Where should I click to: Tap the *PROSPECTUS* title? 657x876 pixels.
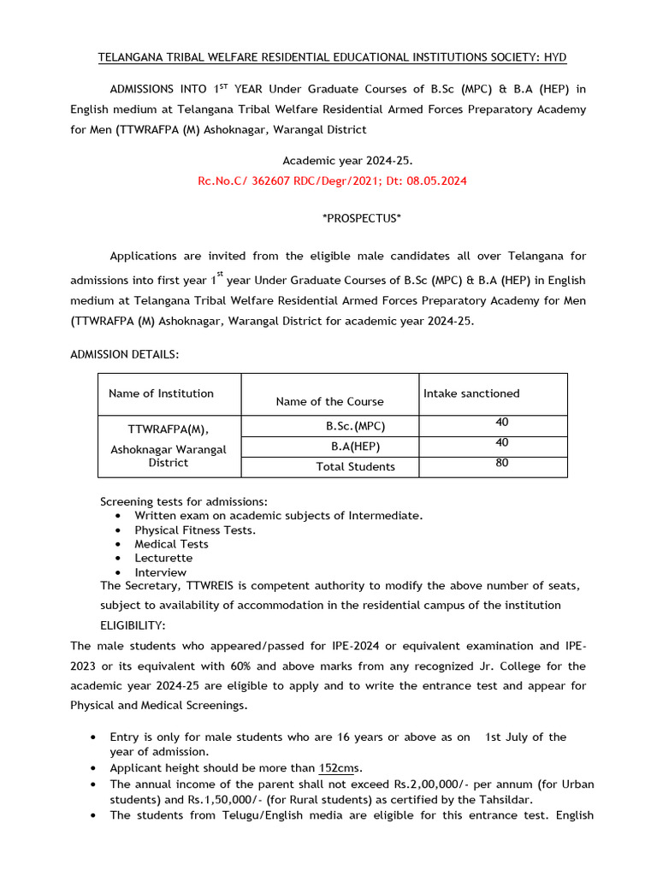pos(361,219)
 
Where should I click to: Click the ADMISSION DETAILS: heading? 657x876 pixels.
pos(124,354)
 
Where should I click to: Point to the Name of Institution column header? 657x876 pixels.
pos(161,394)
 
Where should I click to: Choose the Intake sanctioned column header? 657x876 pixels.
pos(471,394)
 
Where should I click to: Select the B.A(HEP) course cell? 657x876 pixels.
pos(356,447)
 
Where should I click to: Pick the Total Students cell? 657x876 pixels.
pos(355,467)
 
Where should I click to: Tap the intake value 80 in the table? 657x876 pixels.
pos(501,463)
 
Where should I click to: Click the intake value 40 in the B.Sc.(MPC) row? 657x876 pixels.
pos(501,422)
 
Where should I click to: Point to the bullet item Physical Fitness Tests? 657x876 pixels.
pos(194,530)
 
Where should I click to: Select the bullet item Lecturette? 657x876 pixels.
pos(163,558)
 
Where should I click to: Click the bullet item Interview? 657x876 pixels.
pos(160,572)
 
